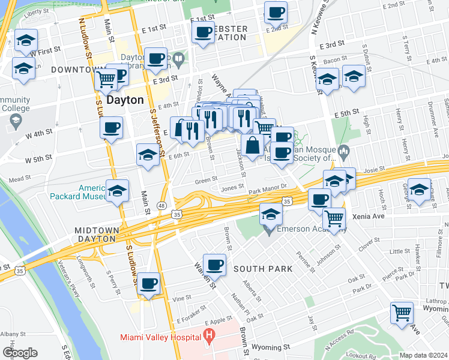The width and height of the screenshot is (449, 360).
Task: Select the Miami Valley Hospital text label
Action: tap(160, 337)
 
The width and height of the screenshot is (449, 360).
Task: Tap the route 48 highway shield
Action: tap(162, 205)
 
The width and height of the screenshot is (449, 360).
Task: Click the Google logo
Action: tap(20, 353)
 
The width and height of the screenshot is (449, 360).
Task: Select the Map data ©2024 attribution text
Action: tap(423, 355)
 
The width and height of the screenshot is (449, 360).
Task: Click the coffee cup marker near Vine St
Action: tap(148, 283)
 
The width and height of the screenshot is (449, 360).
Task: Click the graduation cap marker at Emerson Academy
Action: tap(271, 213)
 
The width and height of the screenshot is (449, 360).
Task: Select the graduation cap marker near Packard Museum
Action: tap(118, 190)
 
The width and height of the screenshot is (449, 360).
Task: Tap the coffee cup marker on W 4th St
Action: tap(111, 127)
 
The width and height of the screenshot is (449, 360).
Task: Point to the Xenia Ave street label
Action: tap(369, 216)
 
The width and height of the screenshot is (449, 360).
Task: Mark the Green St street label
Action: tap(206, 180)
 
